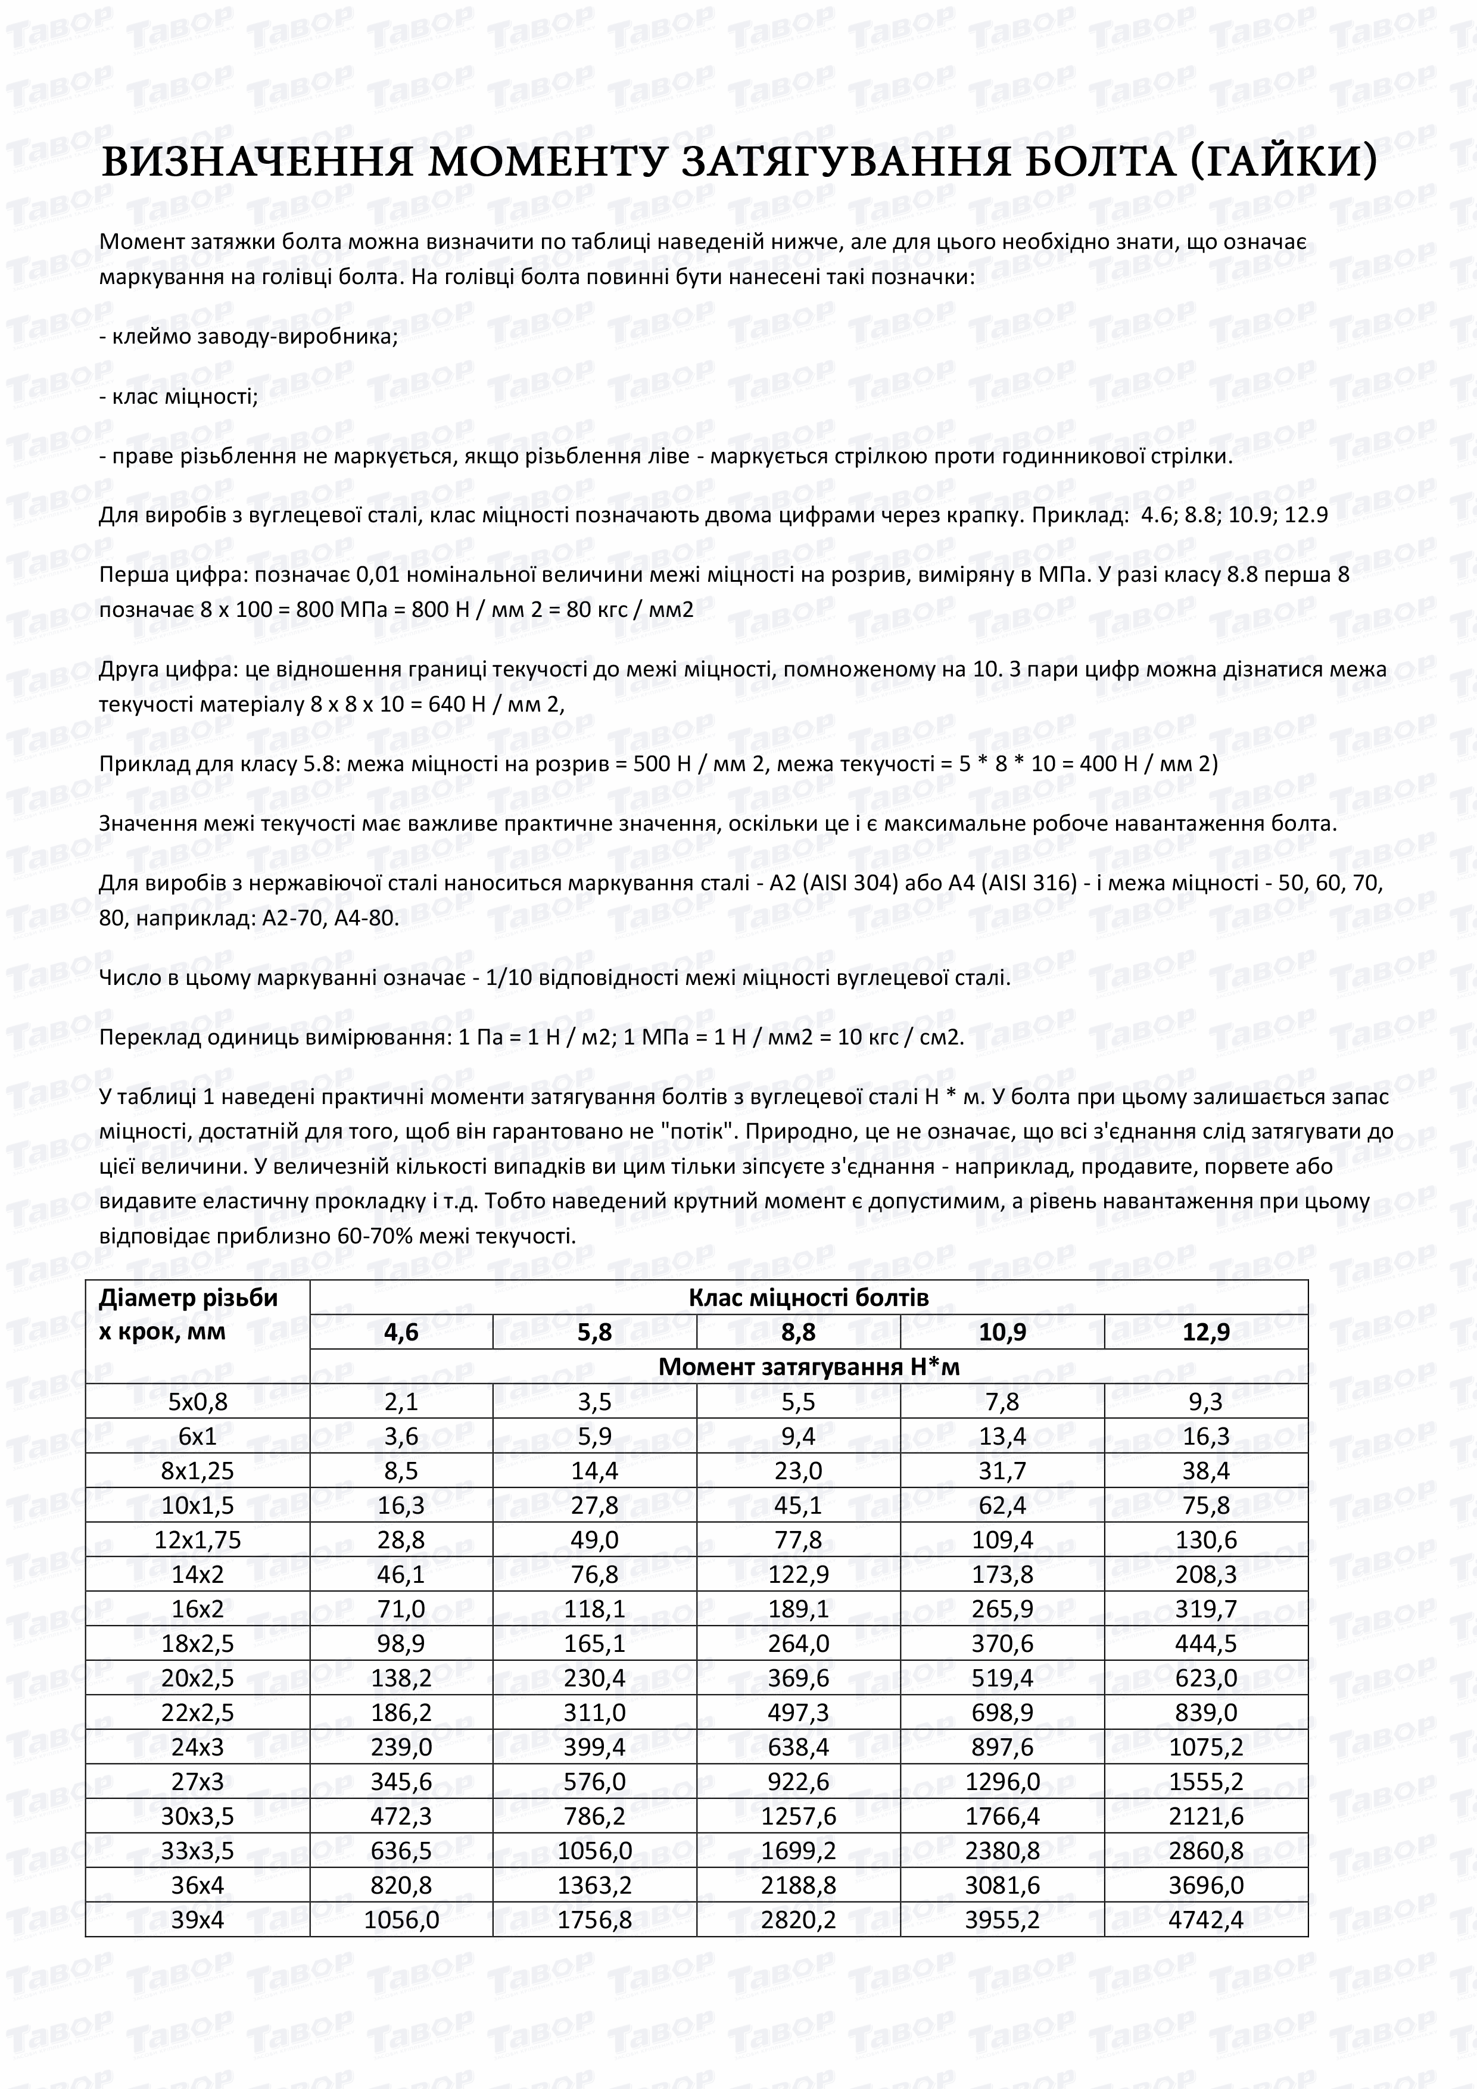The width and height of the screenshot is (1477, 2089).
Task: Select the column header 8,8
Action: [797, 1332]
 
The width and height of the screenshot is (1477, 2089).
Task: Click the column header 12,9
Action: [1206, 1332]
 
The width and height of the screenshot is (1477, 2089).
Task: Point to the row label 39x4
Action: [198, 1920]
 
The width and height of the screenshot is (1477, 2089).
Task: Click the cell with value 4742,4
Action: [1206, 1920]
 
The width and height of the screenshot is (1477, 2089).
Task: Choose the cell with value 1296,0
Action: [1002, 1782]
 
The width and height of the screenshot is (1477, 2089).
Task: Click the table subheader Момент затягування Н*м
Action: [808, 1367]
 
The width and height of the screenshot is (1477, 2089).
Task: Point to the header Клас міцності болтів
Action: [808, 1298]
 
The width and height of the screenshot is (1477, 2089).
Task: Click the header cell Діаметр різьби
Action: [188, 1298]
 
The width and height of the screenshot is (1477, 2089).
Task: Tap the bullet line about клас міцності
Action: [178, 396]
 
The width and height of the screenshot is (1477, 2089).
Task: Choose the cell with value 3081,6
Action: [1002, 1885]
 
